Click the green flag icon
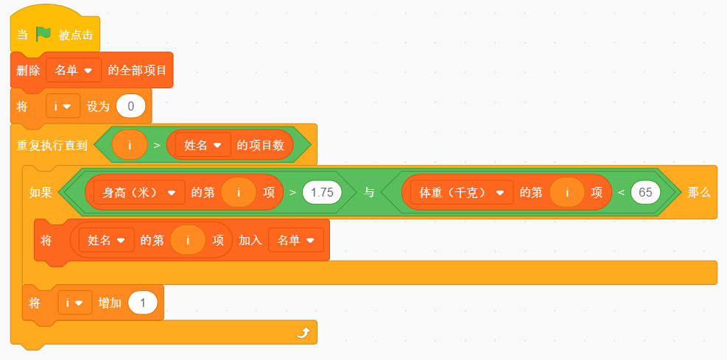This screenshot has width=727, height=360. click(43, 34)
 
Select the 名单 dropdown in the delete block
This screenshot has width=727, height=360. click(74, 71)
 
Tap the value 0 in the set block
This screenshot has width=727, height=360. click(131, 107)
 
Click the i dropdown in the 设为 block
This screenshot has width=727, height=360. click(63, 106)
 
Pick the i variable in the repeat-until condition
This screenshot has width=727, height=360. click(130, 145)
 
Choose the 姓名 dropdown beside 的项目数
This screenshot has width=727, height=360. click(203, 145)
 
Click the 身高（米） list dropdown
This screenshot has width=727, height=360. click(139, 192)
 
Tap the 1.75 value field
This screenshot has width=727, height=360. click(322, 192)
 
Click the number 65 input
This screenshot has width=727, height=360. click(645, 192)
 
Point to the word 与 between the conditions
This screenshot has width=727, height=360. click(368, 192)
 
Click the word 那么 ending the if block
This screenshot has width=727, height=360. click(699, 193)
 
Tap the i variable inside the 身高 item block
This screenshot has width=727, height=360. click(239, 192)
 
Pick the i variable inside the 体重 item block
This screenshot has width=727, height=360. click(566, 192)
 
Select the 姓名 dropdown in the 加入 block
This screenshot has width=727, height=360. click(107, 240)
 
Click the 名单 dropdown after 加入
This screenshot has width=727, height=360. click(296, 240)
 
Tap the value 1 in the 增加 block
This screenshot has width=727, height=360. click(143, 303)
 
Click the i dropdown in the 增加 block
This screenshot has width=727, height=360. click(75, 303)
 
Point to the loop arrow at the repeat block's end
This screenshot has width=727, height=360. click(303, 333)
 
